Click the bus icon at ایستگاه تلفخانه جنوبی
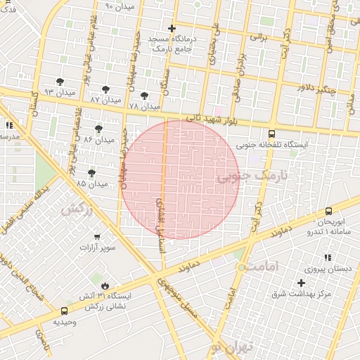(271, 133)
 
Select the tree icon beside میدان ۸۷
(105, 89)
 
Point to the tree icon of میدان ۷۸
(145, 95)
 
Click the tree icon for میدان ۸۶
(98, 129)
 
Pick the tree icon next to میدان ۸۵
(91, 172)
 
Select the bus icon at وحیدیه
(65, 311)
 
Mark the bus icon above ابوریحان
(328, 210)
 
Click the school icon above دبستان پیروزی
(326, 257)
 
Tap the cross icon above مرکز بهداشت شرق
(302, 282)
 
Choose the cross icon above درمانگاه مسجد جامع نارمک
(172, 29)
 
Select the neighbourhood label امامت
(263, 266)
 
